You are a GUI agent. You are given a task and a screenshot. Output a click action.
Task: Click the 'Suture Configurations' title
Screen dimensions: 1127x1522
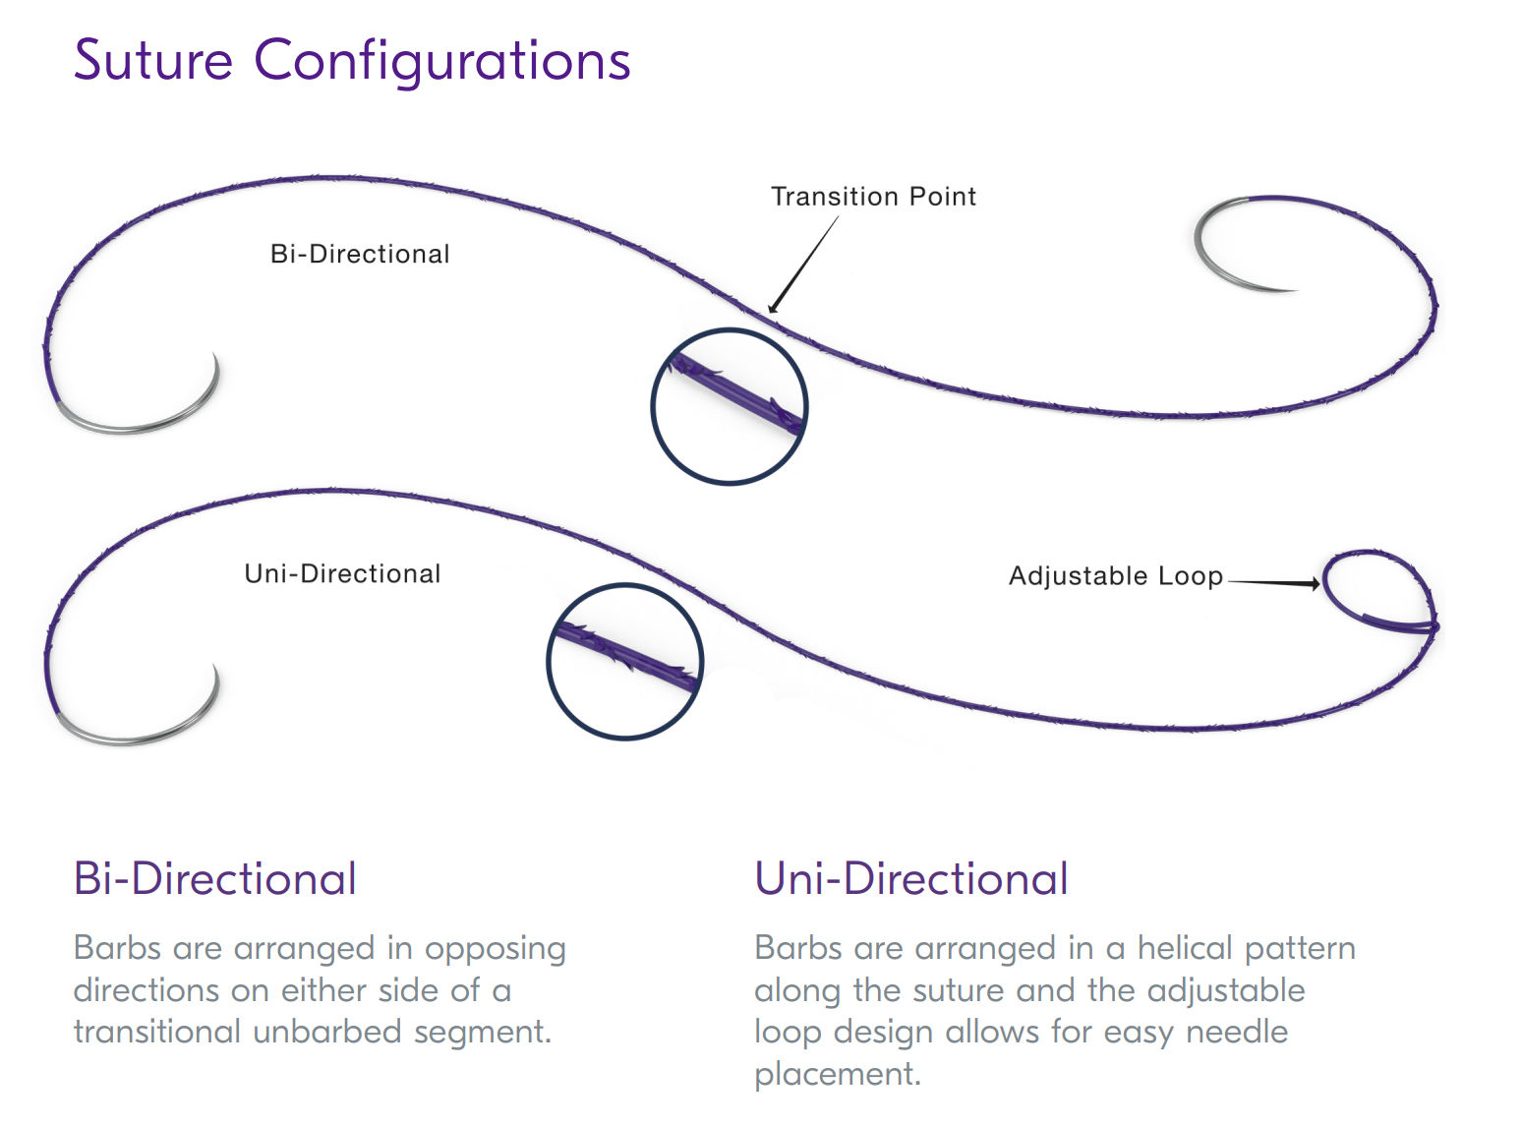pos(352,61)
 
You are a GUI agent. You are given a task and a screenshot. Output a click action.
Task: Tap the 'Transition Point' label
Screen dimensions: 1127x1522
pos(873,197)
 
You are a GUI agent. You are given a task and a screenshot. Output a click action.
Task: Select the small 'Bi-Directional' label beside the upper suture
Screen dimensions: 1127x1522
pos(360,254)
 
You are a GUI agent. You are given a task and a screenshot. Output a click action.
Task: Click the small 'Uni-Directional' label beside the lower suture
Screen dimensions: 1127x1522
pos(342,573)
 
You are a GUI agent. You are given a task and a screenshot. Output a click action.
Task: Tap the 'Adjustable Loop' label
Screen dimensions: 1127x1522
pos(1116,575)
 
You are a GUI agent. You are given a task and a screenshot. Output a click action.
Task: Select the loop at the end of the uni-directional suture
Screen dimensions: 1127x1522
pos(1377,591)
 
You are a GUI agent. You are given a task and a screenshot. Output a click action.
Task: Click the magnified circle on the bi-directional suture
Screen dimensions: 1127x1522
pos(730,405)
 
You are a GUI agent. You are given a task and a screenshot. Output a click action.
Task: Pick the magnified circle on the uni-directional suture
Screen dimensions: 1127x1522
pos(624,661)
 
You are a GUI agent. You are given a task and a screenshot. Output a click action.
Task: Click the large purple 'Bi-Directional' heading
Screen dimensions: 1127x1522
pos(214,878)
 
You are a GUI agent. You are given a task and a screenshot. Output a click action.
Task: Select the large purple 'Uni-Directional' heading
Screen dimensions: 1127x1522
pos(910,878)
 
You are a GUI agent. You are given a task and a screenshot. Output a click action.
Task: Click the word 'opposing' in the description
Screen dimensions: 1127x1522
pos(495,949)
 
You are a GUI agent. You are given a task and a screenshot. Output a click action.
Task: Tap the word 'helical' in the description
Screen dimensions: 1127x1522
pos(1182,948)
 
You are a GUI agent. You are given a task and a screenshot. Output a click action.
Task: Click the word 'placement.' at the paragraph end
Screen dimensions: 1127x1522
pos(838,1074)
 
